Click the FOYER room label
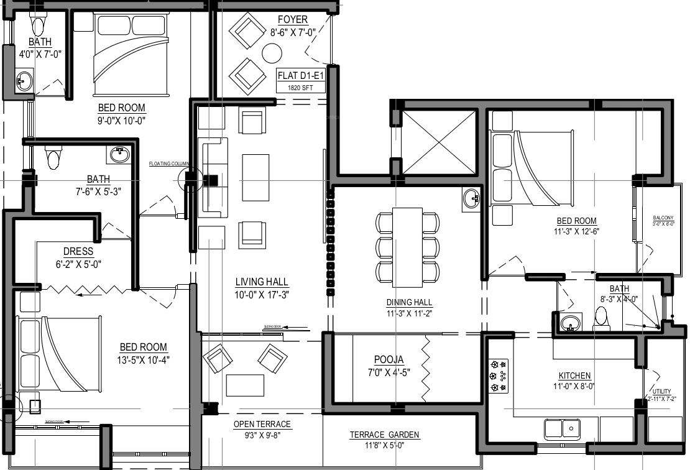(292, 19)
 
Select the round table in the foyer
(272, 53)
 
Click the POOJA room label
(389, 359)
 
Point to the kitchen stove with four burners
(499, 376)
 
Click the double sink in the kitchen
(562, 429)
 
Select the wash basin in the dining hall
(471, 198)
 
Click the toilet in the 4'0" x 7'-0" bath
(39, 25)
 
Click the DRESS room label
(78, 252)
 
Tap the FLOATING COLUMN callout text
(168, 164)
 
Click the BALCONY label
(663, 218)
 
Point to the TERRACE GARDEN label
(384, 435)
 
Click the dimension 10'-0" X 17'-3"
(262, 294)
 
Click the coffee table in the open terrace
(244, 385)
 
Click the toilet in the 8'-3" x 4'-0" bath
(600, 318)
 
